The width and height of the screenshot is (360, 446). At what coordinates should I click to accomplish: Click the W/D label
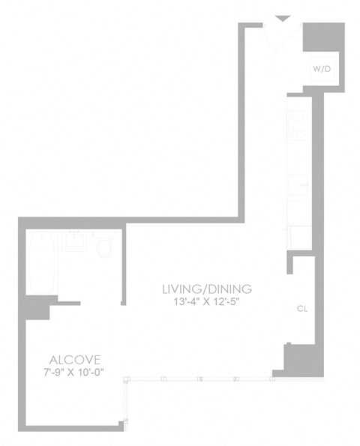pos(322,68)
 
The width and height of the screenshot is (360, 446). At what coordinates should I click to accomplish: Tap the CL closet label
pos(302,308)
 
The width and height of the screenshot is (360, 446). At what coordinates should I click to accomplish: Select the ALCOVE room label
pos(75,359)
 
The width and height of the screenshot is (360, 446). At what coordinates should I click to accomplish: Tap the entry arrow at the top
pos(283,19)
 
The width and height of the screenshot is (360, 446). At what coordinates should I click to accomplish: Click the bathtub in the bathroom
pos(42,265)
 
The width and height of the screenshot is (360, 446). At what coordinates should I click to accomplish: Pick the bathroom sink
pos(75,241)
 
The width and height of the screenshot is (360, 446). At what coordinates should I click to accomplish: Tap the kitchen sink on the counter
pos(299,183)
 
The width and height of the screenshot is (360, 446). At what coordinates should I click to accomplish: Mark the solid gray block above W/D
pos(323,37)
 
